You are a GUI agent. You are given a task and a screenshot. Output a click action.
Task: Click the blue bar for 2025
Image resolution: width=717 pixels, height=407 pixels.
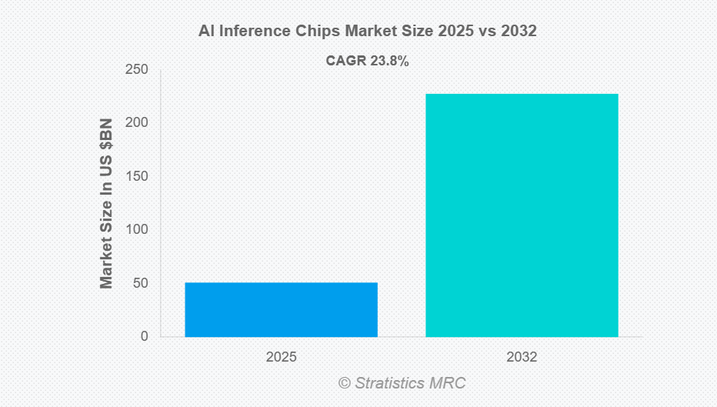tap(281, 309)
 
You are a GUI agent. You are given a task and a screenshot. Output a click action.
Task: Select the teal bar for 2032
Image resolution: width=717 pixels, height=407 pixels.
tap(522, 215)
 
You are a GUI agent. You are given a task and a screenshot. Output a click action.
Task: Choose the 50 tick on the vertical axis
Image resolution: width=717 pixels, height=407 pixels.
tap(139, 283)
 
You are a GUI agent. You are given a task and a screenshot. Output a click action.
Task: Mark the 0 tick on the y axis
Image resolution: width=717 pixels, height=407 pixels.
tap(144, 336)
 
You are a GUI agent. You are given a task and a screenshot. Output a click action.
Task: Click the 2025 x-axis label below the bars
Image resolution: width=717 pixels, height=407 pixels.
tap(281, 357)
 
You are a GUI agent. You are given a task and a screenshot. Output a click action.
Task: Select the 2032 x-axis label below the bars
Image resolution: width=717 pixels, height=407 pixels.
tap(522, 357)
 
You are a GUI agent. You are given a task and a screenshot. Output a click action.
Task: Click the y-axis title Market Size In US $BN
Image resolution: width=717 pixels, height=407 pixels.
tap(106, 203)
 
